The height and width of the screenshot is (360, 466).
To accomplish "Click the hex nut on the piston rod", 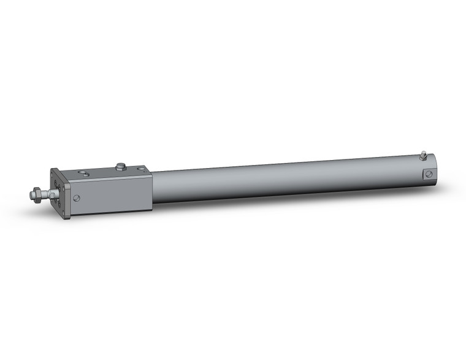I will (37, 194).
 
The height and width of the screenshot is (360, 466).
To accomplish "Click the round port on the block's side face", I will (77, 198).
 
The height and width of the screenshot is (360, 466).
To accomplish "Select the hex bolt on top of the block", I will (120, 165).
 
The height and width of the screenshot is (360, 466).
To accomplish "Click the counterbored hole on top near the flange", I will (85, 174).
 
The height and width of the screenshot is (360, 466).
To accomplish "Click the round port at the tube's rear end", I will (429, 174).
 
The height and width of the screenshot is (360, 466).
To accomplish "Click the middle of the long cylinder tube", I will (288, 180).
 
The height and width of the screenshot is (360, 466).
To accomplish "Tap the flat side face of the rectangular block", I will (113, 193).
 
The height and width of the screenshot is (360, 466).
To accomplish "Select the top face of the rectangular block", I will (104, 172).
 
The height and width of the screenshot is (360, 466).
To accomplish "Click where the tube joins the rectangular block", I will (152, 187).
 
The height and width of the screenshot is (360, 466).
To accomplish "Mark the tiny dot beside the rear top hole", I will (133, 170).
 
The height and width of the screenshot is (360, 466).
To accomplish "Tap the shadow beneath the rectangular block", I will (116, 214).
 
